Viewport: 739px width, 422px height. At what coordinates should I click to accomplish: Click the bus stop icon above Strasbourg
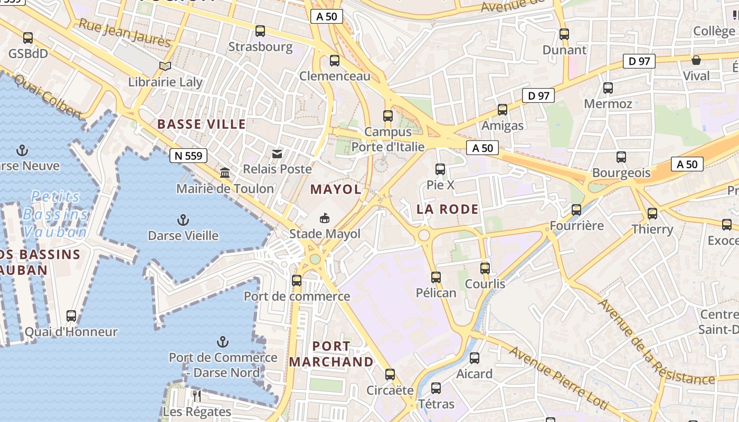pyautogui.click(x=260, y=31)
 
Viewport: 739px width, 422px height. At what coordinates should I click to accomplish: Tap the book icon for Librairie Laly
pyautogui.click(x=165, y=66)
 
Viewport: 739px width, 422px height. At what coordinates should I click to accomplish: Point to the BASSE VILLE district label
pyautogui.click(x=202, y=124)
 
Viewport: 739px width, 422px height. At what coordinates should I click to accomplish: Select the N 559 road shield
pyautogui.click(x=188, y=156)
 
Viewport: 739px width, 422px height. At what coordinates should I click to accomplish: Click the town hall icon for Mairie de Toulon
pyautogui.click(x=225, y=173)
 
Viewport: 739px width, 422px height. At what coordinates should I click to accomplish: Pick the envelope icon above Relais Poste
pyautogui.click(x=277, y=154)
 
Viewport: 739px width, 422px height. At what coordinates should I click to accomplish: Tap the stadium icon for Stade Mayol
pyautogui.click(x=325, y=218)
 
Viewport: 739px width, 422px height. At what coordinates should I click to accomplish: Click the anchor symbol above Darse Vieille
pyautogui.click(x=183, y=219)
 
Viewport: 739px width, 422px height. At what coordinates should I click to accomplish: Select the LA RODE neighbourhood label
pyautogui.click(x=448, y=209)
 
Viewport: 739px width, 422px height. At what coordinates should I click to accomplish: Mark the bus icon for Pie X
pyautogui.click(x=440, y=169)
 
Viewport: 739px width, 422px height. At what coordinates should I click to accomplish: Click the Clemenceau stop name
pyautogui.click(x=335, y=76)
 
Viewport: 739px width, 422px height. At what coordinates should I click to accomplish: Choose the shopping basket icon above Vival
pyautogui.click(x=696, y=60)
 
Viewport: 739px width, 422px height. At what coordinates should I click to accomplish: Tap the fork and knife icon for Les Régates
pyautogui.click(x=197, y=396)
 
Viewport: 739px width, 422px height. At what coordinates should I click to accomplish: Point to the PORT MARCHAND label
pyautogui.click(x=331, y=354)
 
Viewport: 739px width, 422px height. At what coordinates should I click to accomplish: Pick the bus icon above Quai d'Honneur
pyautogui.click(x=71, y=316)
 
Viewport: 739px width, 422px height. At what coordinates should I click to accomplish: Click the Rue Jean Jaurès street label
pyautogui.click(x=125, y=33)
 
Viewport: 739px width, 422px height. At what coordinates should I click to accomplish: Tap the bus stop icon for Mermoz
pyautogui.click(x=608, y=88)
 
